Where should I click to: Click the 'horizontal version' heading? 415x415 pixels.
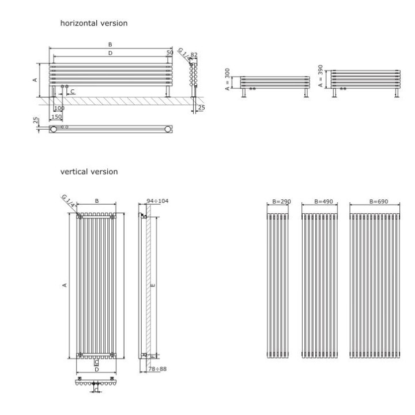click(x=94, y=23)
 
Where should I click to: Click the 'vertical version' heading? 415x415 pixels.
click(x=89, y=172)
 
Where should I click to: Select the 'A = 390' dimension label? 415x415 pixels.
click(x=320, y=76)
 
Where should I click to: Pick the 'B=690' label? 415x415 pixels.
click(x=374, y=202)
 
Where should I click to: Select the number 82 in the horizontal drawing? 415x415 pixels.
click(x=194, y=54)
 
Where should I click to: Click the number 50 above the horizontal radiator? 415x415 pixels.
click(x=169, y=52)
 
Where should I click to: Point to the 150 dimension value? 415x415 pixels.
click(x=56, y=116)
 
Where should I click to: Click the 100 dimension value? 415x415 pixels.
click(x=59, y=108)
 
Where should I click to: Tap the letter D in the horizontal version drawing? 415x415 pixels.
click(x=110, y=53)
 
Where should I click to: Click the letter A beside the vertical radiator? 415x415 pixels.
click(x=65, y=285)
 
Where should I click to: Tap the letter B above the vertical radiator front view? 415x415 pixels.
click(x=97, y=201)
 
